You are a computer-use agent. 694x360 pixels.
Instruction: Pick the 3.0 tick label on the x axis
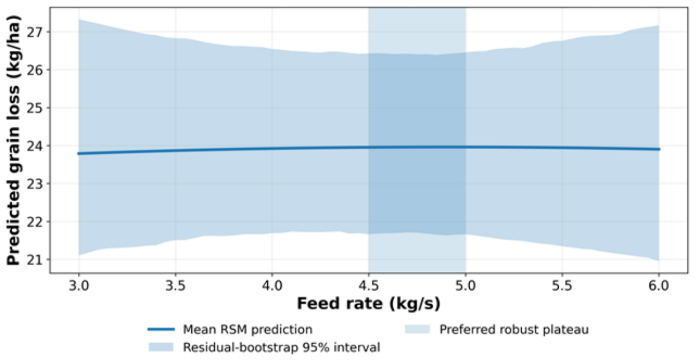79,286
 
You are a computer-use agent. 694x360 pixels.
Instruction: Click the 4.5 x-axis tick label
369,286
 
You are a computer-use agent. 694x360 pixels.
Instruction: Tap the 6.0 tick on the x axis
659,286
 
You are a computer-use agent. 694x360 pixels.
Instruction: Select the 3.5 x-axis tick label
176,286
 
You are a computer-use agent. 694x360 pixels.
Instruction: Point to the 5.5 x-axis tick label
562,286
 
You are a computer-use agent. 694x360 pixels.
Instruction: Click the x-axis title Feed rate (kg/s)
369,304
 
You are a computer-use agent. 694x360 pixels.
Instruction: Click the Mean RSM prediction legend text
248,330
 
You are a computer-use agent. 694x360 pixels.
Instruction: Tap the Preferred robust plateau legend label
514,330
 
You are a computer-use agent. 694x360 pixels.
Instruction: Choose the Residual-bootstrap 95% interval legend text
281,347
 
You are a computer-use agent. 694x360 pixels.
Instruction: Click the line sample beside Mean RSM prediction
161,329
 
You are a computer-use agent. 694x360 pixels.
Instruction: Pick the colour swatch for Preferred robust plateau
417,329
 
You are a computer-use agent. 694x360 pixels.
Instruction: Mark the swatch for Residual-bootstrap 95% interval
161,347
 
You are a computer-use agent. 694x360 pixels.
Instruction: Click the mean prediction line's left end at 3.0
79,153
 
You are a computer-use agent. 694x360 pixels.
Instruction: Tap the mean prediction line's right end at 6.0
659,149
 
